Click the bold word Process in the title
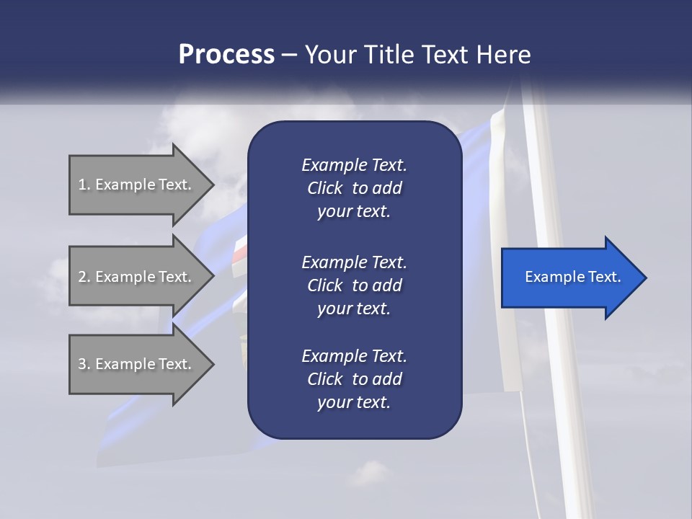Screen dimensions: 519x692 pos(226,54)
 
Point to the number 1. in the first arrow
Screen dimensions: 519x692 pos(84,185)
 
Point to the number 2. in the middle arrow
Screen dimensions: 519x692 pos(84,277)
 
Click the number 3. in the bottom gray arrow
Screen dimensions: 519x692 pos(84,364)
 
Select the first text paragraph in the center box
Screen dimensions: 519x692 pos(354,188)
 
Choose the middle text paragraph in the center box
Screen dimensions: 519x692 pos(354,285)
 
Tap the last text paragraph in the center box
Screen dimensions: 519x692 pos(354,379)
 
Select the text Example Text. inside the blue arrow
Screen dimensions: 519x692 pos(573,277)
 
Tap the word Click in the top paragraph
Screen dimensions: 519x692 pos(324,188)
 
